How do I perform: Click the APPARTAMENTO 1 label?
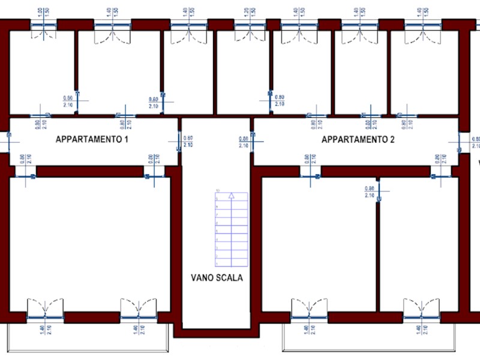tap(92, 140)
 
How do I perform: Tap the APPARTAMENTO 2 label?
tap(358, 140)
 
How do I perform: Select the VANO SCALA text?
tap(217, 278)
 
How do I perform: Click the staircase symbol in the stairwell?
tap(231, 229)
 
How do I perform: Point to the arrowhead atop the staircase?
tap(231, 196)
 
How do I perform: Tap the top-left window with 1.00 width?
tap(43, 25)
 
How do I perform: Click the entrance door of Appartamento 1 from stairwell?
tap(179, 142)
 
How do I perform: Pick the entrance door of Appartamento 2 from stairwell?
tap(253, 142)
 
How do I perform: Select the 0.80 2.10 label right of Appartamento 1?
tap(188, 142)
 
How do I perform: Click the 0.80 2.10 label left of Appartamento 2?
tap(244, 142)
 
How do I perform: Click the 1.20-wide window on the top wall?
tap(250, 25)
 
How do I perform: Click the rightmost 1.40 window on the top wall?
tap(423, 25)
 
